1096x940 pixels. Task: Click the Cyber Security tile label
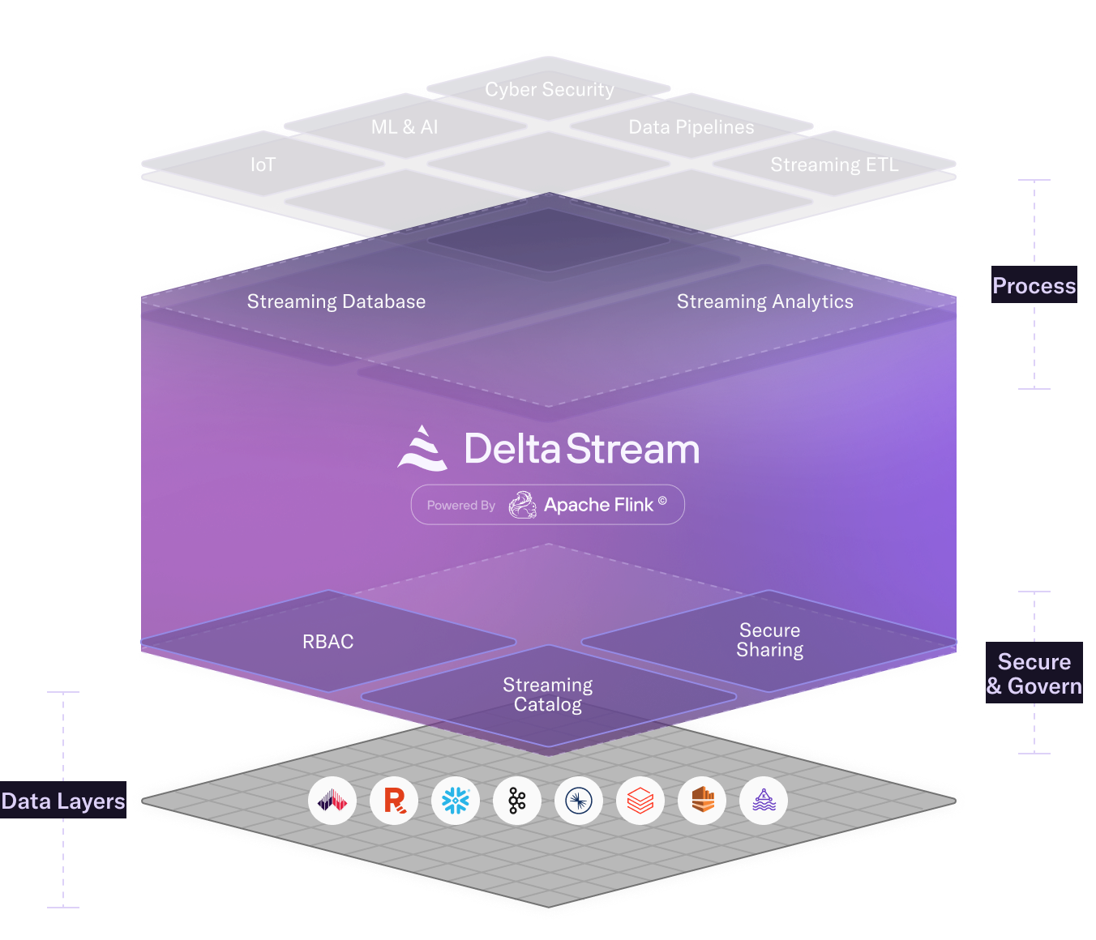tap(550, 89)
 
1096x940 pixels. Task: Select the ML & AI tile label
tap(405, 127)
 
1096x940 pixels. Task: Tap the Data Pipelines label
tap(691, 127)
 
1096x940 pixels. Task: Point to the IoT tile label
tap(263, 165)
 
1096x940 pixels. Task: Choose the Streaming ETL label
tap(834, 165)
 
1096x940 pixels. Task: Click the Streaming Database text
tap(336, 301)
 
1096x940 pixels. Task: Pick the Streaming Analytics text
tap(764, 301)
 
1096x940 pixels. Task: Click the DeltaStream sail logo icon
tap(422, 448)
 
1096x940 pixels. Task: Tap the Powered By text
tap(460, 506)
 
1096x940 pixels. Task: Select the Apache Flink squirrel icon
tap(523, 505)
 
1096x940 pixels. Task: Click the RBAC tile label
tap(328, 642)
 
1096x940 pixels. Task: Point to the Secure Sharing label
tap(769, 640)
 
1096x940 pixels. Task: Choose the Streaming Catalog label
tap(548, 694)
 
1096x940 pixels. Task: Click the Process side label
tap(1034, 286)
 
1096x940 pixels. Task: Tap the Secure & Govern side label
tap(1034, 674)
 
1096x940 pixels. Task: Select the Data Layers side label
tap(63, 801)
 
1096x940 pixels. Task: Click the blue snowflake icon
tap(456, 801)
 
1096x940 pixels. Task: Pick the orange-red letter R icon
tap(394, 801)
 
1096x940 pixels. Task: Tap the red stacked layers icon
tap(640, 801)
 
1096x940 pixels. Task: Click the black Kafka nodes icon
tap(517, 801)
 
